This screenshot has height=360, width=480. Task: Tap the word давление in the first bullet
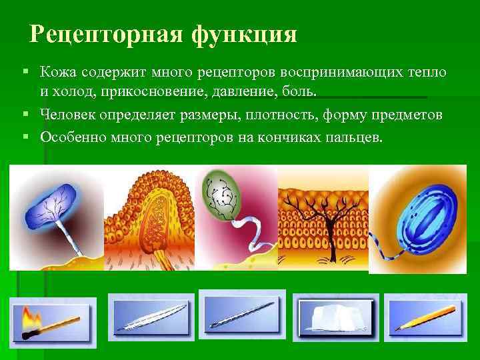click(263, 89)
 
